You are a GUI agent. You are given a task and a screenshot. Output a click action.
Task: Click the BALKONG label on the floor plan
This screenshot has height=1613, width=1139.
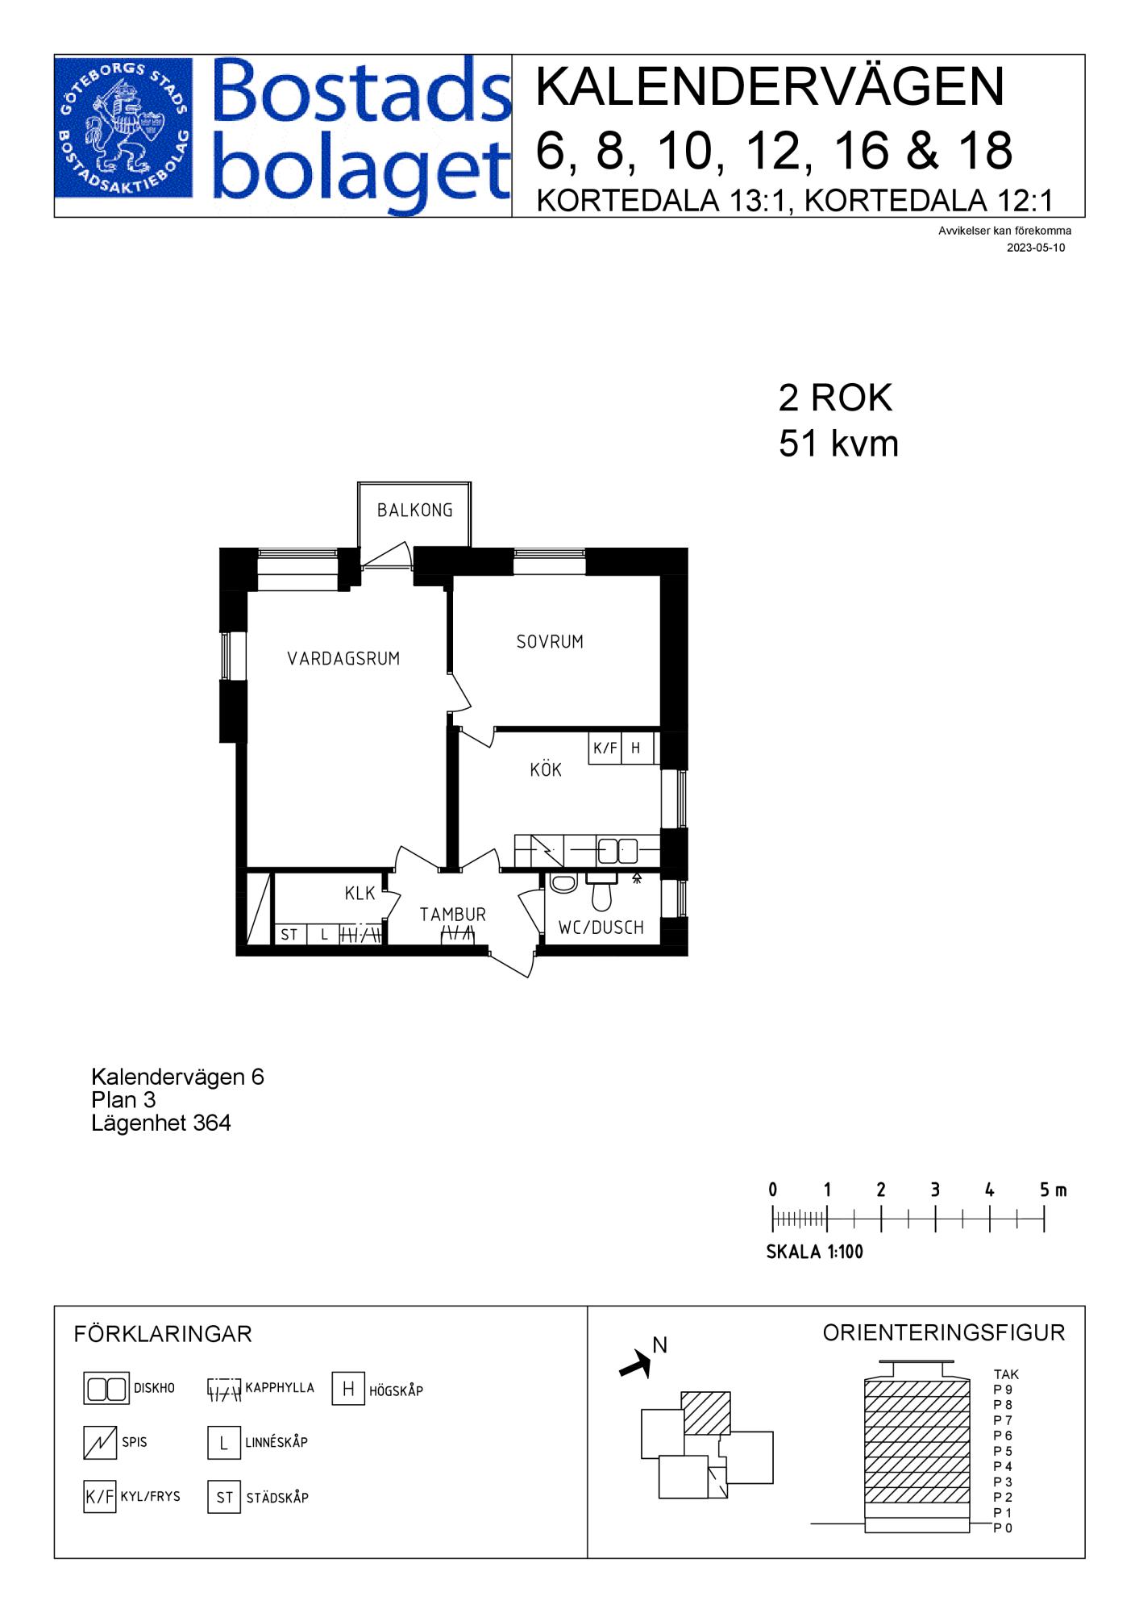(414, 511)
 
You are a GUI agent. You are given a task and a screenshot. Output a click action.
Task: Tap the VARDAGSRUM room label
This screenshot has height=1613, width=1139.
(343, 659)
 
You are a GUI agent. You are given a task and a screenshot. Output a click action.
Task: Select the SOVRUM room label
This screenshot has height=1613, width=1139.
(550, 642)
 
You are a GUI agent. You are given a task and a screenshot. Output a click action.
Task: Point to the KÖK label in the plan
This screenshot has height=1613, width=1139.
(546, 769)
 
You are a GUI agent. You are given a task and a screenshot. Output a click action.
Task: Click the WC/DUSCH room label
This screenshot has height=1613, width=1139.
(601, 928)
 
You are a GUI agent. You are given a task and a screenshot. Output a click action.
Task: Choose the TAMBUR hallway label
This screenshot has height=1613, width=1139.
(453, 915)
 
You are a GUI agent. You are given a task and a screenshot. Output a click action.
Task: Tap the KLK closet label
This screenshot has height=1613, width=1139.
(360, 893)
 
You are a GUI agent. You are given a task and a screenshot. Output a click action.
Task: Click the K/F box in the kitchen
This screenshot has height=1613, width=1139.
(605, 748)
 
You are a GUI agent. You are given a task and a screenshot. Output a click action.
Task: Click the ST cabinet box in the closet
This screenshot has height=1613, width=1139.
(289, 935)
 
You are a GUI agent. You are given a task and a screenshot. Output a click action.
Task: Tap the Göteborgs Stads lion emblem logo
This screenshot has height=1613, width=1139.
(123, 129)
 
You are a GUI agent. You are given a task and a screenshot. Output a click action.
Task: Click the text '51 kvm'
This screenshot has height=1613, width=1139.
(838, 444)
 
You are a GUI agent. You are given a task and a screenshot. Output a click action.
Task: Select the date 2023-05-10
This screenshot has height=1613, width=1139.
(1036, 248)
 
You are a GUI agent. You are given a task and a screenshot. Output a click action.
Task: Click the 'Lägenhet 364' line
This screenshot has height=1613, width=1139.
(161, 1123)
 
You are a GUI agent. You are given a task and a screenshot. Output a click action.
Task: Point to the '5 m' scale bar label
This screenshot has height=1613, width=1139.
(1053, 1190)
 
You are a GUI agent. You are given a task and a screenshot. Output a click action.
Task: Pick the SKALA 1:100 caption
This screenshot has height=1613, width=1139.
(814, 1252)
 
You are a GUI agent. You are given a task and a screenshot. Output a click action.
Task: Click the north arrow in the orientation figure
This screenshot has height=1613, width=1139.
(635, 1364)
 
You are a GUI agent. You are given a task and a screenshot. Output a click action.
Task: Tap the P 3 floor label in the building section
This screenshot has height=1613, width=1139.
(1003, 1482)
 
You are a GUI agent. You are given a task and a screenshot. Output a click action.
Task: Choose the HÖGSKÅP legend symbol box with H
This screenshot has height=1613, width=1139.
(348, 1389)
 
